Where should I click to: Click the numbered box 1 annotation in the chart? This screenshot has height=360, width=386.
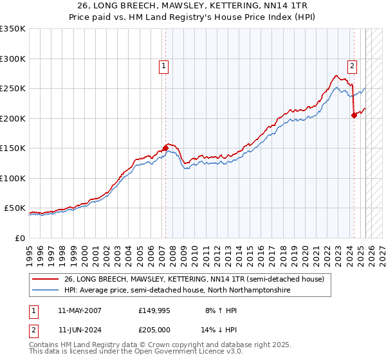coord(164,65)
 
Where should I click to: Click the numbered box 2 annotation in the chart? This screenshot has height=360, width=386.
coord(353,65)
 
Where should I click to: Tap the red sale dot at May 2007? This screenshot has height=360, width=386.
coord(165,148)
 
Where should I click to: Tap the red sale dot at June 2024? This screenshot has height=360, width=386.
coord(354,115)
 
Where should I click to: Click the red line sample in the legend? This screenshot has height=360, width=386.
coord(45,279)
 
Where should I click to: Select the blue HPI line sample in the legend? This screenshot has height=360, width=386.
coord(45,291)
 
